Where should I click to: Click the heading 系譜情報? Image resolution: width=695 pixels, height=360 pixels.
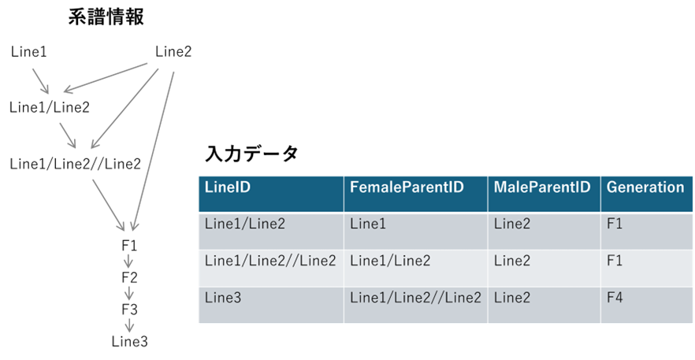[106, 18]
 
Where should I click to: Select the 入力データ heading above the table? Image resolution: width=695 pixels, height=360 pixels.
[251, 154]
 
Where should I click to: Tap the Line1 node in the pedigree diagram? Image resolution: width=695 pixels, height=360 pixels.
[29, 52]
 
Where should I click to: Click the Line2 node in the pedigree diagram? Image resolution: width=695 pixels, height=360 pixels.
[173, 52]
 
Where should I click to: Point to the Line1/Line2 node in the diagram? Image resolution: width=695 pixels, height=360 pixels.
[49, 107]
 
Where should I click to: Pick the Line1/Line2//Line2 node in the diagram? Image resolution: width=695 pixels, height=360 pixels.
[75, 164]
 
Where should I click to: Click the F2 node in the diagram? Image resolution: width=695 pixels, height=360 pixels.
[129, 277]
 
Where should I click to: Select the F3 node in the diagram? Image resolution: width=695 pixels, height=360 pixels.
[129, 310]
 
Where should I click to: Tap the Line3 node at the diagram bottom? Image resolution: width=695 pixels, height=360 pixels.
[129, 341]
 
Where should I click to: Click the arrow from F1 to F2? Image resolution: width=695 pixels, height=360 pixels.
[129, 261]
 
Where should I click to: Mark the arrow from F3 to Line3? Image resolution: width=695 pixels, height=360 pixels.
[129, 325]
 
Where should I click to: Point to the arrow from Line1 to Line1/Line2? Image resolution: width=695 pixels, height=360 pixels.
[40, 81]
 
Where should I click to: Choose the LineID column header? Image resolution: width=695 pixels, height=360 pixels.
[228, 187]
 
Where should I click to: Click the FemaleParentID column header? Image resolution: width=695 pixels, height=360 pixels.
[407, 187]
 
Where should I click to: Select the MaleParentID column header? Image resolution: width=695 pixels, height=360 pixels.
[542, 187]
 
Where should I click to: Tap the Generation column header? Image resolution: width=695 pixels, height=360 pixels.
[645, 187]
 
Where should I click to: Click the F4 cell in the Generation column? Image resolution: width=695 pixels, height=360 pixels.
[615, 297]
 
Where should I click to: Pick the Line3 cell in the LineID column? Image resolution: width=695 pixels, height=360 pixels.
[223, 298]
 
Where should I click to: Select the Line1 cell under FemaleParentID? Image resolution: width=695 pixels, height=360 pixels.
[368, 224]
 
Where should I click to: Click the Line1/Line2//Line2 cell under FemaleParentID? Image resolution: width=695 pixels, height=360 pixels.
[415, 298]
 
